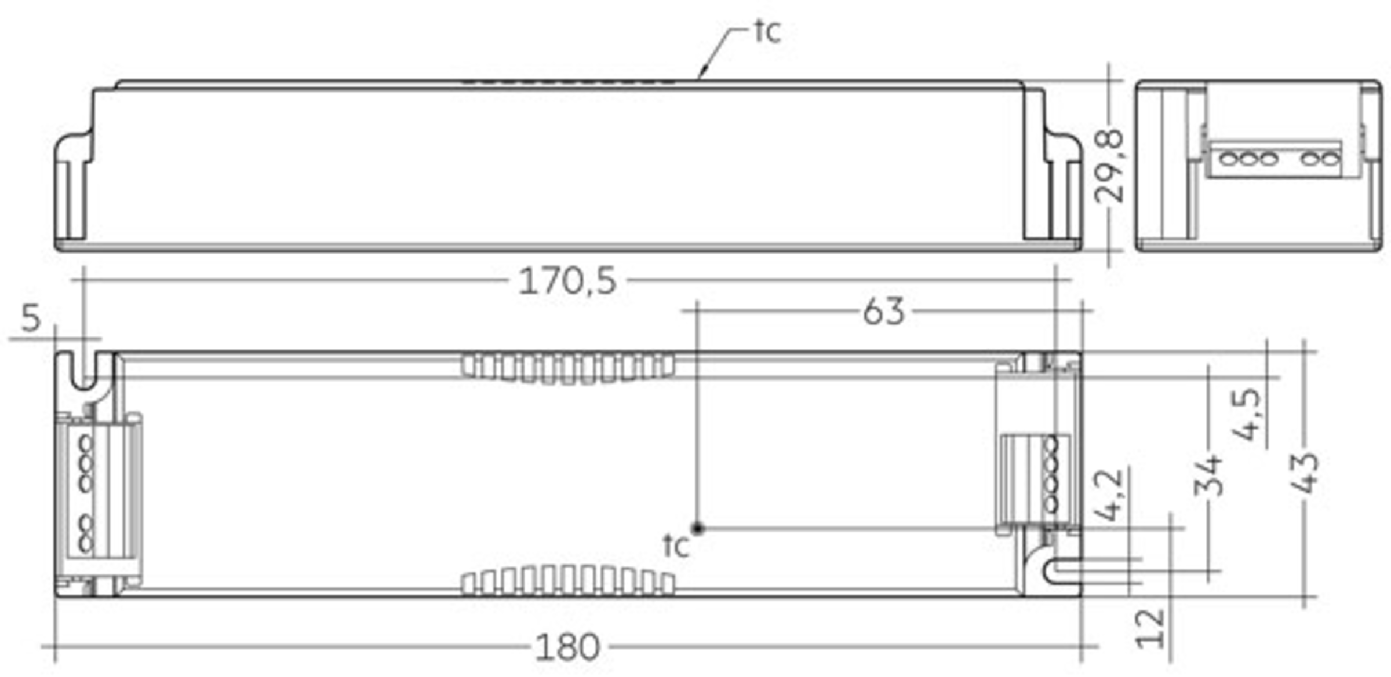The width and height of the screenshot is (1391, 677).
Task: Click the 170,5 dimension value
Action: click(x=567, y=281)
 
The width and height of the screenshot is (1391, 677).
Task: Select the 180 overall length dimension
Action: click(x=567, y=647)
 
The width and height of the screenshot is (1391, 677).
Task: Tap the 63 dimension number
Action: click(x=883, y=312)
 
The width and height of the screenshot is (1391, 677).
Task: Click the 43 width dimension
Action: click(x=1305, y=473)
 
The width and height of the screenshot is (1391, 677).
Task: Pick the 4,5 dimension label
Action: click(x=1246, y=415)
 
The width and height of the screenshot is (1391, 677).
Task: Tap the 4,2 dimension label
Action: click(x=1108, y=496)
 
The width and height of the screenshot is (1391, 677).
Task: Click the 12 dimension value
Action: click(x=1150, y=629)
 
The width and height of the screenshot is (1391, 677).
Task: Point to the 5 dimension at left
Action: click(x=31, y=318)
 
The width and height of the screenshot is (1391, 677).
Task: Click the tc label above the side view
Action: click(x=767, y=31)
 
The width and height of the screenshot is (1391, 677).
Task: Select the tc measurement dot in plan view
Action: click(x=698, y=528)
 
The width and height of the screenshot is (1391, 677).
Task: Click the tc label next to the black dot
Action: click(x=676, y=546)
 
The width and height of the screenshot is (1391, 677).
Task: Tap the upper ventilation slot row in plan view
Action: click(x=568, y=367)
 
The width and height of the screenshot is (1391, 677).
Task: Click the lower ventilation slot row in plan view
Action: click(x=568, y=581)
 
